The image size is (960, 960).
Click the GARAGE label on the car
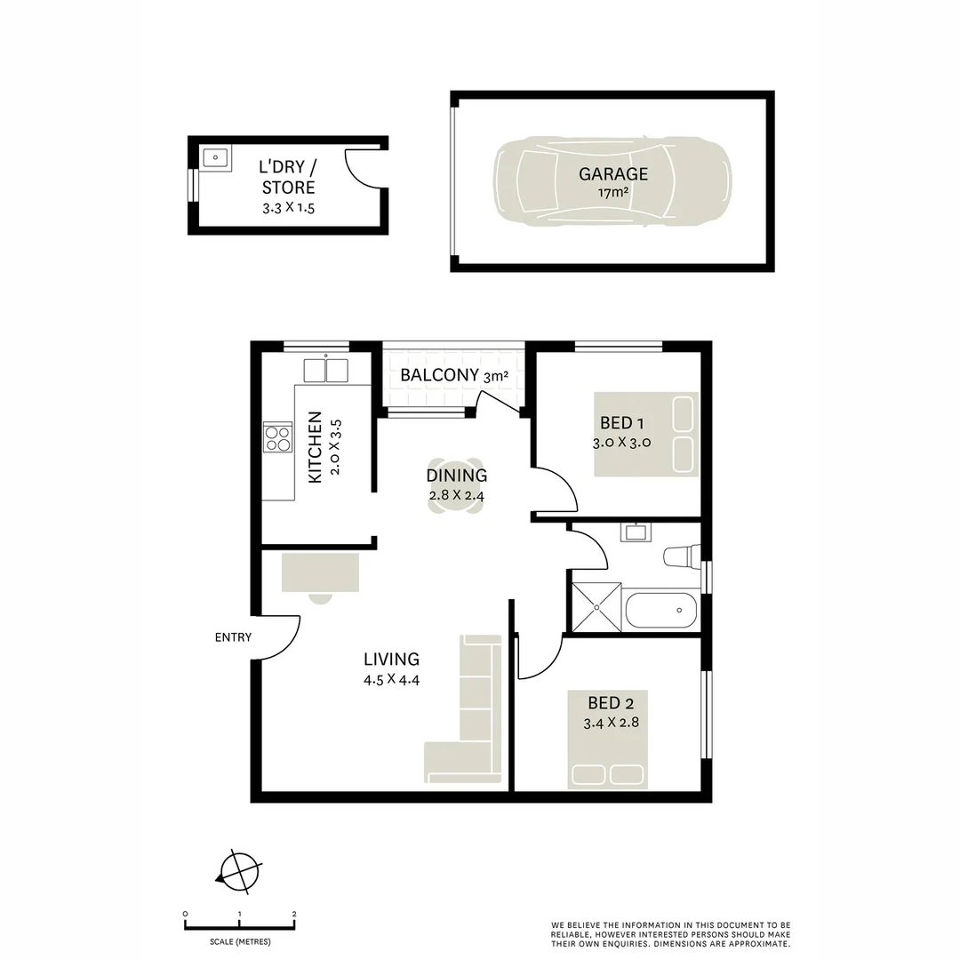point(613,174)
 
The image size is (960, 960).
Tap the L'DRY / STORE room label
point(287,177)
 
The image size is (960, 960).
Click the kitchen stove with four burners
point(278,436)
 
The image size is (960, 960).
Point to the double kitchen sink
point(325,369)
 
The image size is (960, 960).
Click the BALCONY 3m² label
point(453,375)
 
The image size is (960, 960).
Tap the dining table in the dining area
point(455,486)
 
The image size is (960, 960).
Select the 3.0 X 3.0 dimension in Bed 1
point(622,443)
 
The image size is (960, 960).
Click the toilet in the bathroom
point(683,556)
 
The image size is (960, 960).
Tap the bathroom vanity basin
point(635,532)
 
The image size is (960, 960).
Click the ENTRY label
point(233,637)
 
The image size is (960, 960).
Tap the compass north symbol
point(238,870)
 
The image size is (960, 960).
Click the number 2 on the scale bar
point(294,914)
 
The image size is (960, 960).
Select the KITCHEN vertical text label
point(314,447)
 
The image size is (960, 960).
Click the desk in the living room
point(320,572)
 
